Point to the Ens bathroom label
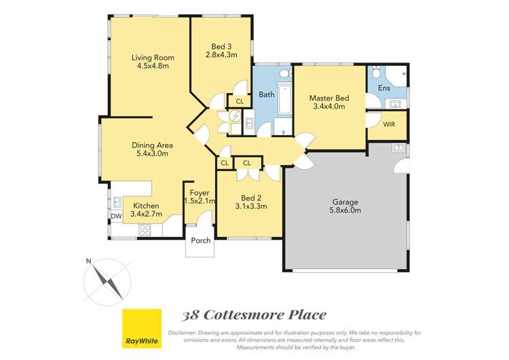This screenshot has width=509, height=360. tap(384, 88)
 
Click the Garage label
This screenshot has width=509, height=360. tap(345, 202)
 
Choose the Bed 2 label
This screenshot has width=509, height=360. tap(249, 197)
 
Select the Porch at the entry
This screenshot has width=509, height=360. tap(200, 240)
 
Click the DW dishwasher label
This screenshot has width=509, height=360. tap(116, 217)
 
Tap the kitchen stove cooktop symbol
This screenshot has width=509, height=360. tap(145, 230)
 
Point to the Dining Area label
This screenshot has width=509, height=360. tap(152, 145)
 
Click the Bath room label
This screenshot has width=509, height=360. tap(267, 94)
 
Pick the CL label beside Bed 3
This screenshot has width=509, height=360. tap(240, 102)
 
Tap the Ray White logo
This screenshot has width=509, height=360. tap(141, 329)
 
